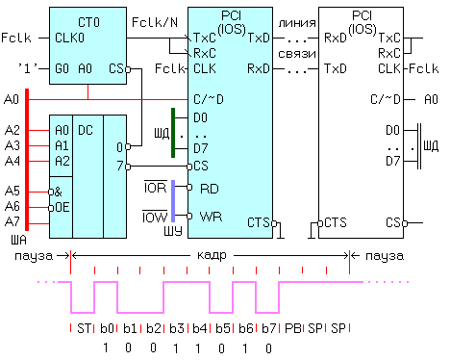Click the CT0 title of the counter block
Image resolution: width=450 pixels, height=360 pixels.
tap(88, 22)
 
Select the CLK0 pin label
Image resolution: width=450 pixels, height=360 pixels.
tap(69, 38)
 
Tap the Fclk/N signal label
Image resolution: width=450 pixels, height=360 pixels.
tap(155, 22)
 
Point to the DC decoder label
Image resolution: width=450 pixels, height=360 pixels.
tap(86, 130)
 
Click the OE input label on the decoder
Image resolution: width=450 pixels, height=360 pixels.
tap(62, 208)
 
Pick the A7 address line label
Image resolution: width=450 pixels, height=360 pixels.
tap(12, 221)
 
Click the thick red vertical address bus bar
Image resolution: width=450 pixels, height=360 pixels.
tap(27, 160)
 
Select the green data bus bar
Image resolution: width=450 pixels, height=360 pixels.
tap(173, 133)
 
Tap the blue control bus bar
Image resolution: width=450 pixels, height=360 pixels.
tap(173, 201)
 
